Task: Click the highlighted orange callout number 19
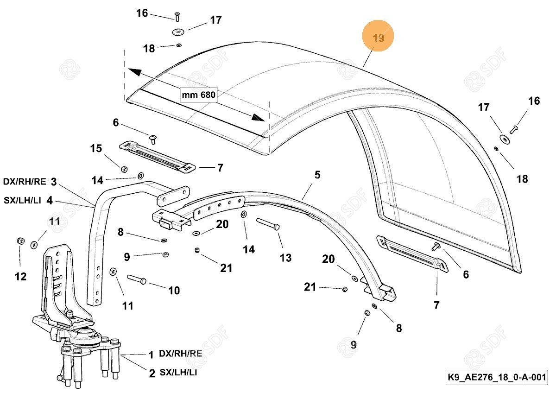pyautogui.click(x=378, y=38)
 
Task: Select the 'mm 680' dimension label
pyautogui.click(x=198, y=95)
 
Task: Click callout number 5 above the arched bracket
pyautogui.click(x=317, y=175)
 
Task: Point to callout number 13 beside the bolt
pyautogui.click(x=285, y=257)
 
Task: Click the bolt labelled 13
pyautogui.click(x=268, y=225)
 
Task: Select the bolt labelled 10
pyautogui.click(x=136, y=279)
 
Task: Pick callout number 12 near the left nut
pyautogui.click(x=20, y=277)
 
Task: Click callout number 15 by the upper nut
pyautogui.click(x=96, y=149)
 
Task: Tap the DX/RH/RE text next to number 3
pyautogui.click(x=25, y=182)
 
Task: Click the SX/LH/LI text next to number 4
pyautogui.click(x=22, y=201)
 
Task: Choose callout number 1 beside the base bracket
pyautogui.click(x=151, y=355)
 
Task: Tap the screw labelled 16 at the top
pyautogui.click(x=177, y=18)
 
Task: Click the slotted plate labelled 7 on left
pyautogui.click(x=157, y=156)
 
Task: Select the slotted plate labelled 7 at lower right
pyautogui.click(x=411, y=252)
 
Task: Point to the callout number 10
pyautogui.click(x=174, y=291)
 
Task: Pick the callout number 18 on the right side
pyautogui.click(x=522, y=179)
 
